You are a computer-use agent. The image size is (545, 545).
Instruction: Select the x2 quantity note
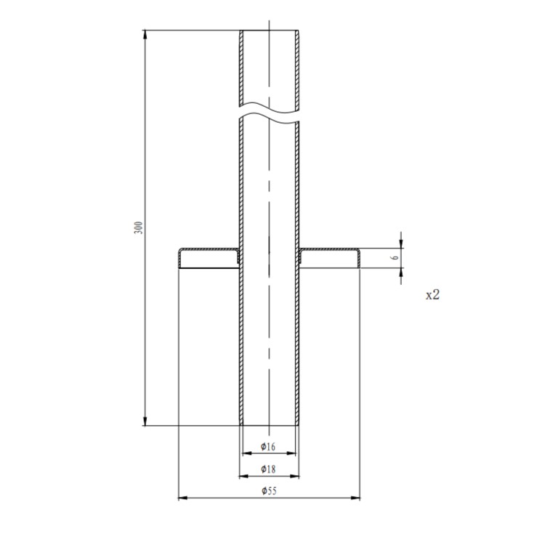tap(432, 294)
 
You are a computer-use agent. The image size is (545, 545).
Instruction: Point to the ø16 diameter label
tap(268, 446)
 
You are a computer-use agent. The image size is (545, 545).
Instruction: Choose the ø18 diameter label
tap(268, 470)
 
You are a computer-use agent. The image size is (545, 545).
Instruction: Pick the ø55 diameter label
tap(268, 491)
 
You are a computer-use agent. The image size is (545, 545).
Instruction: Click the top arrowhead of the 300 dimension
tap(145, 35)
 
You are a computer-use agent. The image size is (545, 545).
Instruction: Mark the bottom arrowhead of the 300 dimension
tap(145, 421)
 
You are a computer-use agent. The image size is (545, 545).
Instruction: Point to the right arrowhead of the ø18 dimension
tap(294, 477)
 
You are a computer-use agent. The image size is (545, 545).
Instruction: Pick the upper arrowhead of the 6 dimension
tap(401, 243)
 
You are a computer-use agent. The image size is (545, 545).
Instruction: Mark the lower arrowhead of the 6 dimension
tap(401, 272)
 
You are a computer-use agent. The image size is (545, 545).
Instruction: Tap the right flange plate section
tap(328, 250)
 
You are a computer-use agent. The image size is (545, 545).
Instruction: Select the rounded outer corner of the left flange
tap(181, 251)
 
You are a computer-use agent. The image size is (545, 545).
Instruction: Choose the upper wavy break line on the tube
tap(269, 110)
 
